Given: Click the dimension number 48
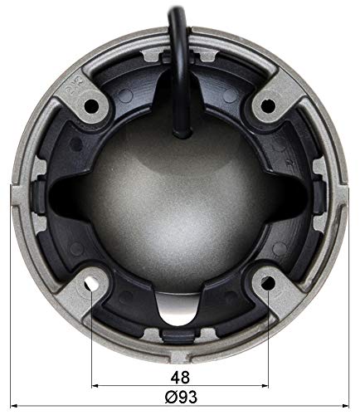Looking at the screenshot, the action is point(180,378).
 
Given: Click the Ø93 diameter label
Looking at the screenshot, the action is point(181,398).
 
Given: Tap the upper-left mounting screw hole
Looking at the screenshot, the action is point(92,106).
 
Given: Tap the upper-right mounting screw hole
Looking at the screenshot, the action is point(268,106).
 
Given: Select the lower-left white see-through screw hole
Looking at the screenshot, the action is point(91,283).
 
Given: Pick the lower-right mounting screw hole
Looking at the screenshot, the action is point(268,283).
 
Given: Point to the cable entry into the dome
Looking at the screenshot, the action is point(182,133).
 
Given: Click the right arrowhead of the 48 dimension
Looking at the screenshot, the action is point(265,386).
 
